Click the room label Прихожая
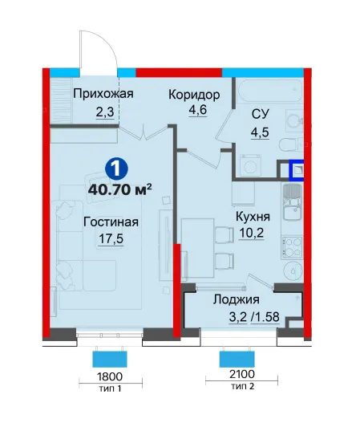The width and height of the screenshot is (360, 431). (103, 94)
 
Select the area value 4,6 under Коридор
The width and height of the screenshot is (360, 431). (197, 110)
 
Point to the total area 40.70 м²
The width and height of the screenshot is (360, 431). (120, 189)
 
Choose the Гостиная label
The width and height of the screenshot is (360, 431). (111, 222)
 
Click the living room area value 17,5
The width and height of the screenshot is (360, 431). (111, 239)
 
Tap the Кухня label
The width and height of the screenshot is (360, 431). (253, 217)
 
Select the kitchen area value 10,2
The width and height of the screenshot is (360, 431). (252, 233)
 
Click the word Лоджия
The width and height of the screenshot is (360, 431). (237, 299)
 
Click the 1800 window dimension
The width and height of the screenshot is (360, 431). (110, 376)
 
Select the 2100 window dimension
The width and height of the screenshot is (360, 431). (242, 374)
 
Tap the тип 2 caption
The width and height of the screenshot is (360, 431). (242, 386)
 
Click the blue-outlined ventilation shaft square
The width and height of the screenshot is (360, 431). (296, 171)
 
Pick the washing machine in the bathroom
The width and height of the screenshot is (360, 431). (251, 165)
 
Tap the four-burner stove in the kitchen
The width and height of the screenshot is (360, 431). (292, 248)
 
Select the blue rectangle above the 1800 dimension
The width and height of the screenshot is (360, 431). (110, 359)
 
